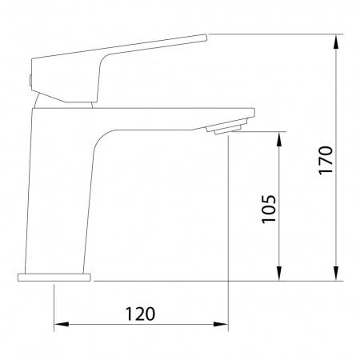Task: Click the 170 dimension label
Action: pyautogui.click(x=326, y=160)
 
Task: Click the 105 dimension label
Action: pyautogui.click(x=269, y=210)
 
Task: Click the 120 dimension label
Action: pyautogui.click(x=140, y=314)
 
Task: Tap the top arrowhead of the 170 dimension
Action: pyautogui.click(x=337, y=42)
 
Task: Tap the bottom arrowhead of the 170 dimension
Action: pyautogui.click(x=337, y=274)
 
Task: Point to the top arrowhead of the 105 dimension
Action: pyautogui.click(x=279, y=139)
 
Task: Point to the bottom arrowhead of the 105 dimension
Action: pyautogui.click(x=279, y=274)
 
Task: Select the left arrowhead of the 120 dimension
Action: pyautogui.click(x=62, y=324)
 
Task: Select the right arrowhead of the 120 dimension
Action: pyautogui.click(x=221, y=324)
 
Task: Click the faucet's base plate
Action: pyautogui.click(x=54, y=278)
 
